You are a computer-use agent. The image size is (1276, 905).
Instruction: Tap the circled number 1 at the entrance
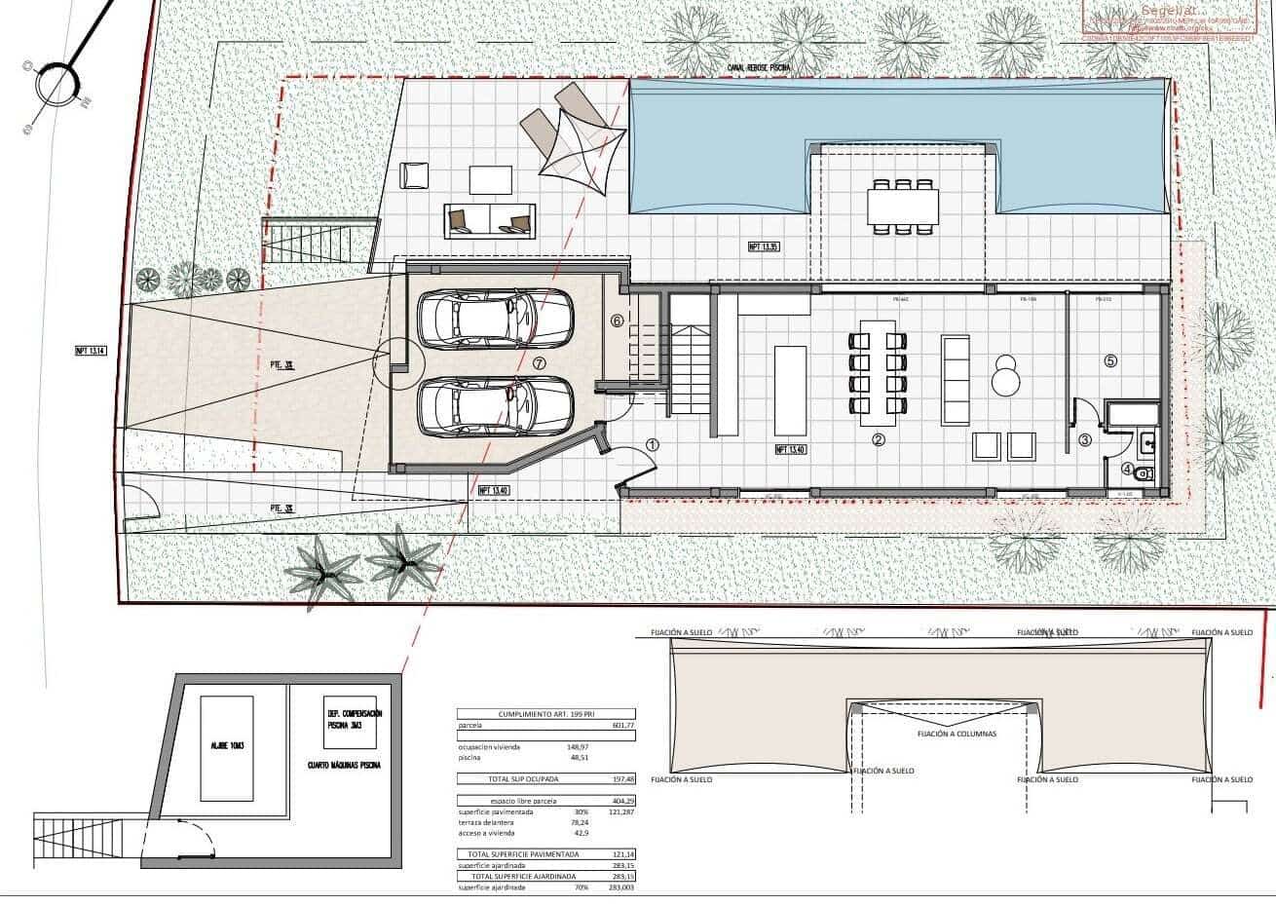click(653, 444)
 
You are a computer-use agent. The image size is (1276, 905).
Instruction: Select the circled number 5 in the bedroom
click(1110, 359)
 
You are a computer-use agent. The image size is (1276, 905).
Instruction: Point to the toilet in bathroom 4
click(1145, 473)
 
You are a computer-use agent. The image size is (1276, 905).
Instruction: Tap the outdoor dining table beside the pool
click(903, 206)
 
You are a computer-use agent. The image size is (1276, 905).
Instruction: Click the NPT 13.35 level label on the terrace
click(764, 246)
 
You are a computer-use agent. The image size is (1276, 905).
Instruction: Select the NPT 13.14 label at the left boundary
click(90, 352)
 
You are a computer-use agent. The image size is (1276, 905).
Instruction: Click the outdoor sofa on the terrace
click(489, 219)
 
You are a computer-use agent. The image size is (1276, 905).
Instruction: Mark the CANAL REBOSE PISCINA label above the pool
click(759, 68)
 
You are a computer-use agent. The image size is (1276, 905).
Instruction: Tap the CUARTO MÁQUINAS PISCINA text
click(342, 765)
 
